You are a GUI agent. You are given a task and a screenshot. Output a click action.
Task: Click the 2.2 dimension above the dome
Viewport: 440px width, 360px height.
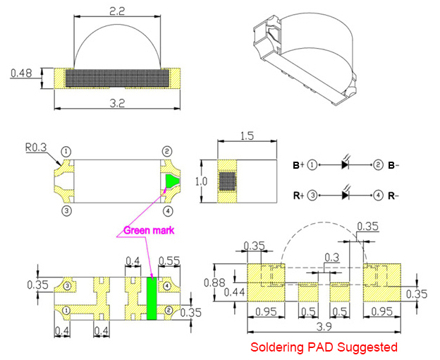point(117,11)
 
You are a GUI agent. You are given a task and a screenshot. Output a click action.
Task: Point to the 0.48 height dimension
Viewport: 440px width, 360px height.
point(21,73)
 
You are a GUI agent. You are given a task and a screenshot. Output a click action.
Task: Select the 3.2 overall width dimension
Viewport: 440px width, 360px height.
point(117,103)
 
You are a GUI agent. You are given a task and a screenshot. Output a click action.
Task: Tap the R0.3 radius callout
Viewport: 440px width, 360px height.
point(36,148)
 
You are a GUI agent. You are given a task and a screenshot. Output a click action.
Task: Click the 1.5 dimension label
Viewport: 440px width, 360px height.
point(247,136)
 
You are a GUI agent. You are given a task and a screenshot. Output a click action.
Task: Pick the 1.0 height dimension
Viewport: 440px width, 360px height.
point(201,181)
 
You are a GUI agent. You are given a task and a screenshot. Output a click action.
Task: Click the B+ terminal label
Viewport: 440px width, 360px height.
point(298,165)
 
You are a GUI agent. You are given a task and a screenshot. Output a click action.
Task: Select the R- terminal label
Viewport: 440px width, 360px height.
point(393,196)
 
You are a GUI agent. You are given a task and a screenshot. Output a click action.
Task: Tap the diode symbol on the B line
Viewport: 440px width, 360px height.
point(345,164)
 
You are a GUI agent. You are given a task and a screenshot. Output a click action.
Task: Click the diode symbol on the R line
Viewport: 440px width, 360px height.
point(345,194)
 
